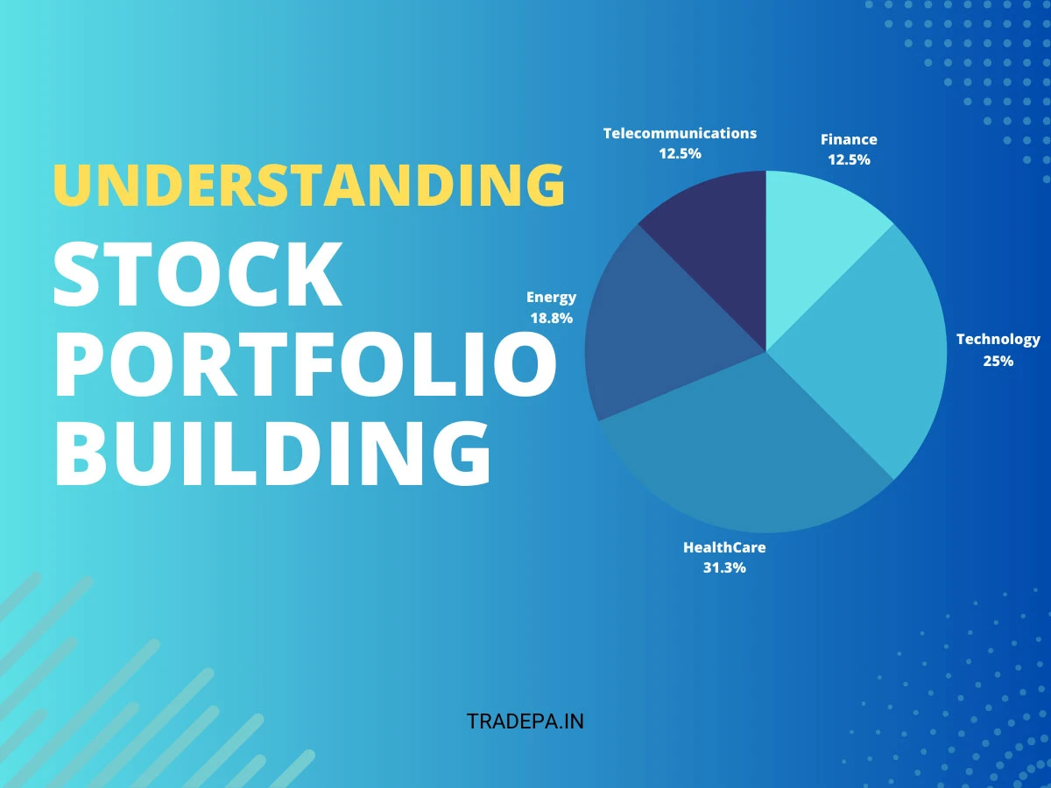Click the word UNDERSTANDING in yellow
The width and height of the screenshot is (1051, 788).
tap(308, 185)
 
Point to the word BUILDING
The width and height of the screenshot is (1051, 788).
tap(272, 454)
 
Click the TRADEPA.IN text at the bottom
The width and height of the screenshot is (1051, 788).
tap(525, 721)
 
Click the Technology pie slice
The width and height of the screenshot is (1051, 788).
tap(876, 350)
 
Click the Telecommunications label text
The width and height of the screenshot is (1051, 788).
tap(680, 133)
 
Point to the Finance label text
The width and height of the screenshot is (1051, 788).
tap(849, 139)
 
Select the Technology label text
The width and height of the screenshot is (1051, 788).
tap(998, 339)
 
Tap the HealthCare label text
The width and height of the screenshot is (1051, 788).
tap(724, 547)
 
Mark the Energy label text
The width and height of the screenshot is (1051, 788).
tap(551, 298)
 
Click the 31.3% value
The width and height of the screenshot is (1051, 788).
tap(724, 567)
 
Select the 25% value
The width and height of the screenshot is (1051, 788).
tap(998, 360)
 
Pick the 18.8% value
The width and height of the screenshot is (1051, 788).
tap(551, 318)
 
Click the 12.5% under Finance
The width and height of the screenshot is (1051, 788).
tap(849, 159)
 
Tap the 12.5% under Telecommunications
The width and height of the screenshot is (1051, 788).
tap(680, 153)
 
